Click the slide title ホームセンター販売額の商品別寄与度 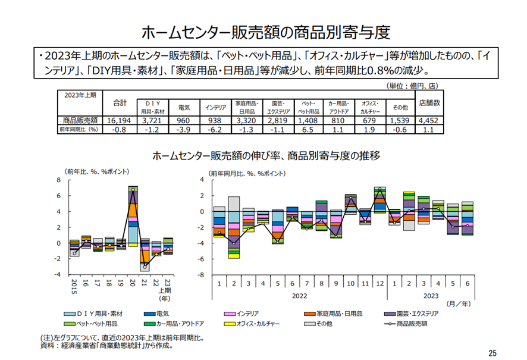coord(263,32)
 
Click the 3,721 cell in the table coord(152,120)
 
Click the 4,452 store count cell coord(429,120)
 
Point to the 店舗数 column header coord(429,103)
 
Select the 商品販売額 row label coord(80,120)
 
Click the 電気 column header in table coord(184,108)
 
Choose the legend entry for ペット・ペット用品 coord(92,324)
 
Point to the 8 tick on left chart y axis coord(59,180)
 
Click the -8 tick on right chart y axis coord(202,275)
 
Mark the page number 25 coord(491,352)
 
